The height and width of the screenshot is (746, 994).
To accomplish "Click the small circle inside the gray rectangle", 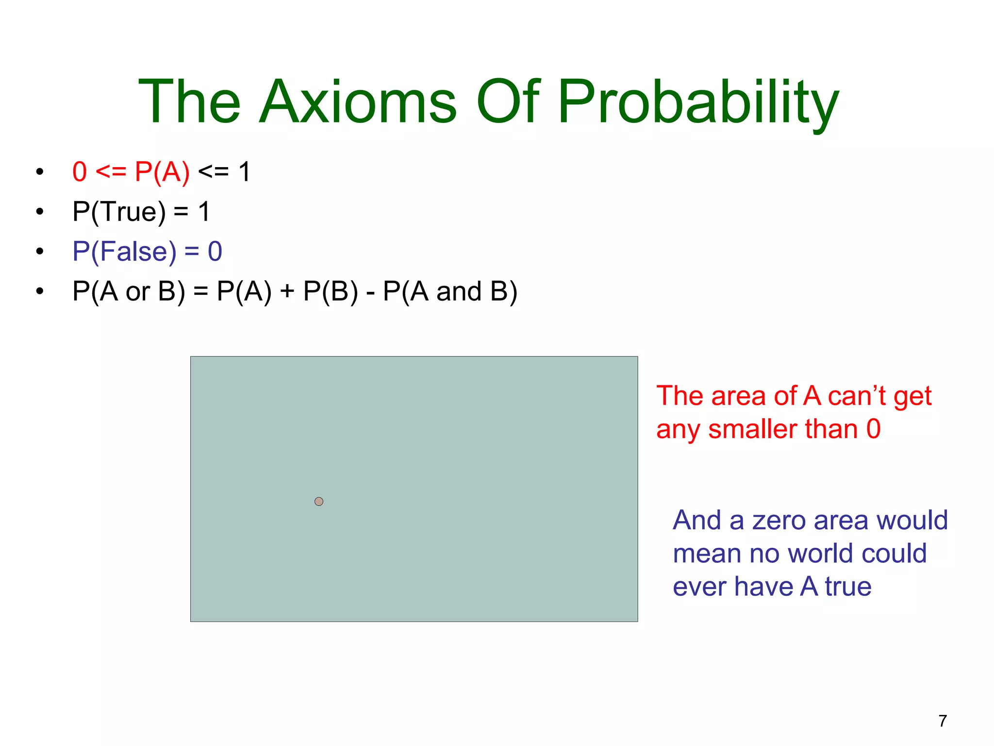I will (319, 501).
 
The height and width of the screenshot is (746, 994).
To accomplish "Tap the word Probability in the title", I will (698, 103).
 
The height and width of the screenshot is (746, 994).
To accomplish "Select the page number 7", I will (943, 721).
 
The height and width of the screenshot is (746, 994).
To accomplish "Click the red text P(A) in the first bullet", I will (162, 172).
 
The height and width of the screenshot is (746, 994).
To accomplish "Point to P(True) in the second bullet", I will (119, 212).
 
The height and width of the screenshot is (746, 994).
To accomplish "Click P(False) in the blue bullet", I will (124, 252).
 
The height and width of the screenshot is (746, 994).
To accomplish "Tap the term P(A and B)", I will (450, 292).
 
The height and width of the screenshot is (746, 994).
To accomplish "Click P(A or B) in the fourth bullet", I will (129, 292).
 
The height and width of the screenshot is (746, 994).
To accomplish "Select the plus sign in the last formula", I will (287, 292).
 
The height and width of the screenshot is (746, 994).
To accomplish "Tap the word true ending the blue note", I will (848, 587).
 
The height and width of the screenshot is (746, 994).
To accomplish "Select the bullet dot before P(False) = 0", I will (40, 252).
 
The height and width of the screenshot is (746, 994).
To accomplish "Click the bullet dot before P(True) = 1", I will (40, 212).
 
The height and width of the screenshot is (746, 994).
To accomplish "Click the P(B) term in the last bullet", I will (331, 292).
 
